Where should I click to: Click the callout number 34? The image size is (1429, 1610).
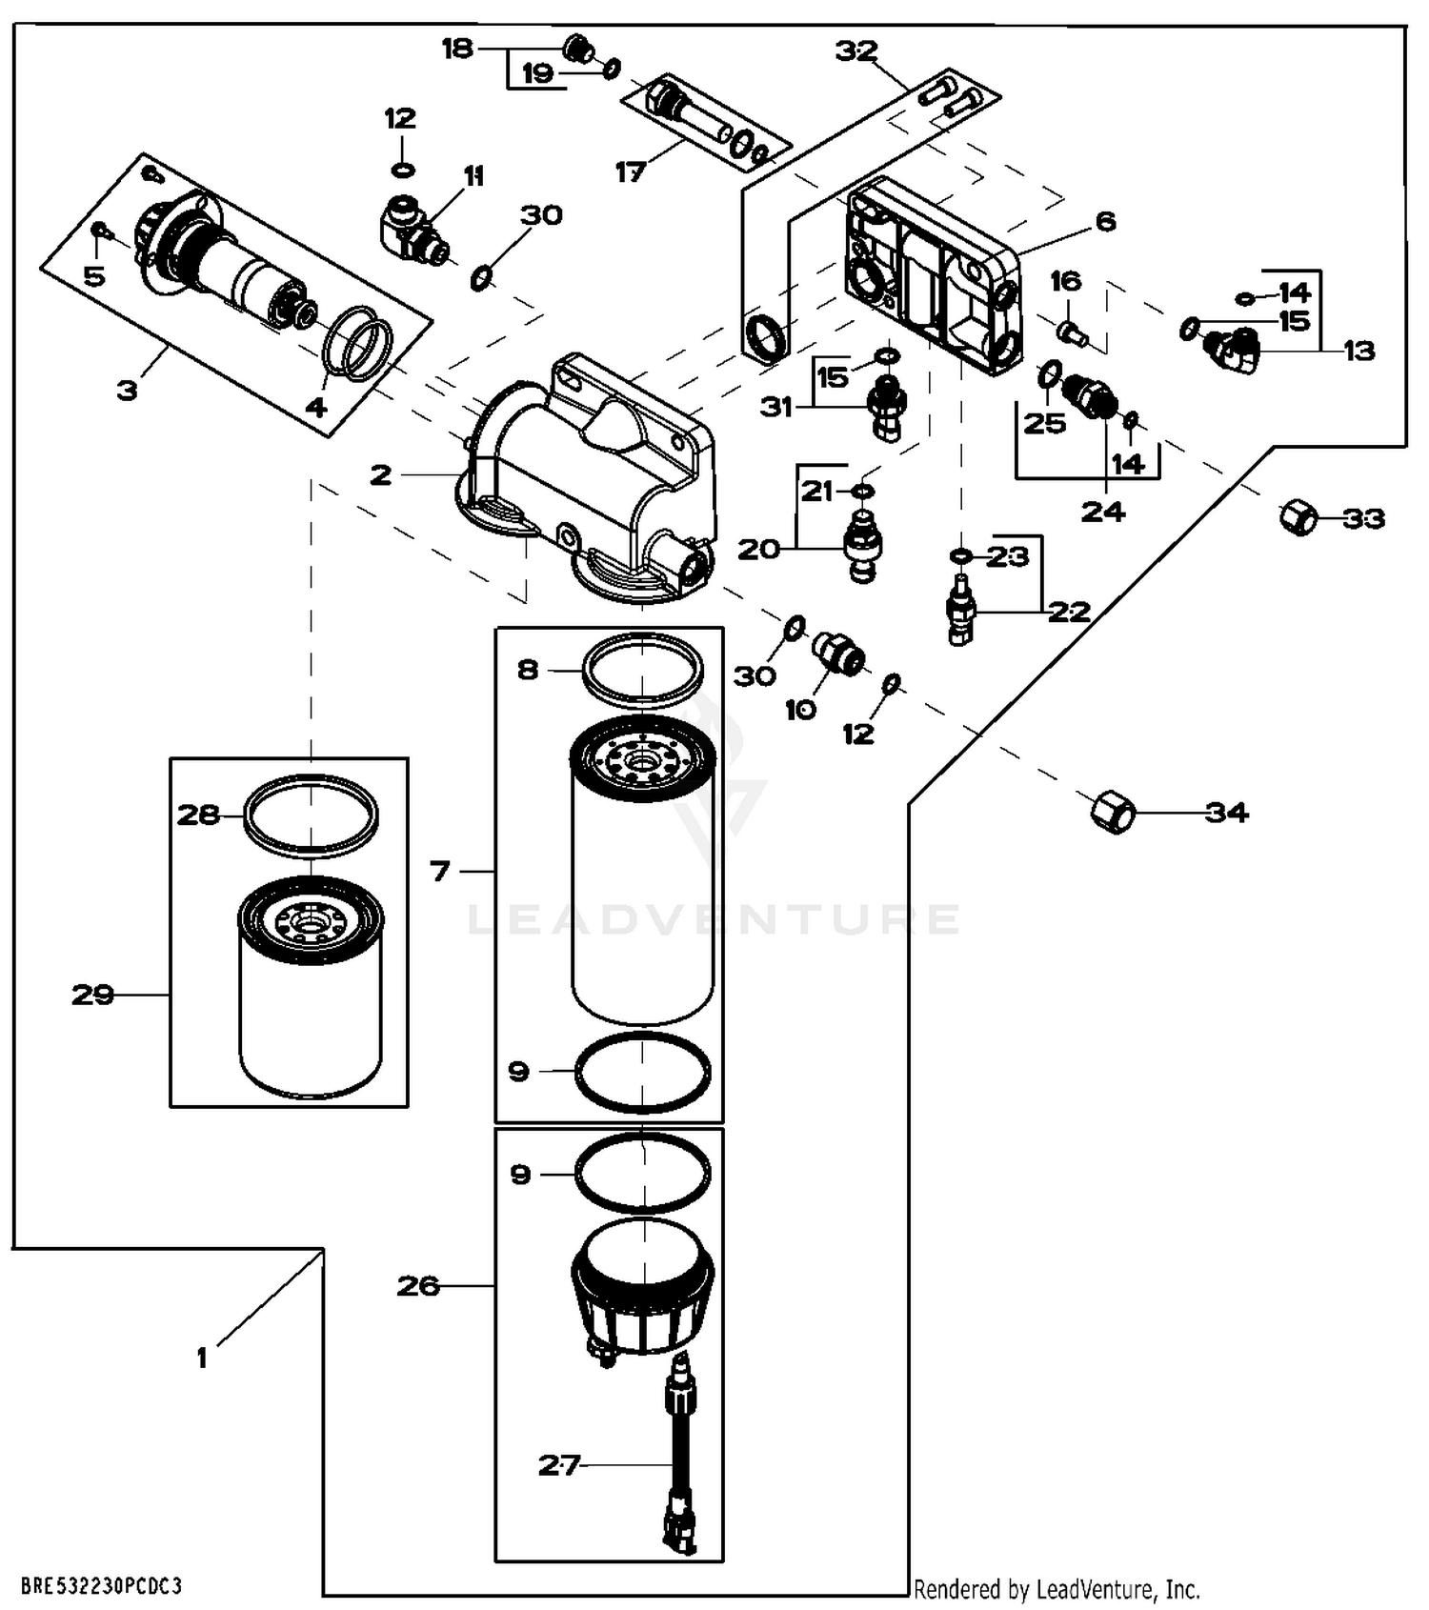[x=1226, y=812]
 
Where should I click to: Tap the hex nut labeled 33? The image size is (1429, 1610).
[x=1298, y=517]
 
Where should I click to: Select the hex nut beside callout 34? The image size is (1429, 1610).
[x=1111, y=812]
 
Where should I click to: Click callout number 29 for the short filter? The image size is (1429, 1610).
[x=93, y=995]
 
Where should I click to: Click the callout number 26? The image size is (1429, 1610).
[x=418, y=1286]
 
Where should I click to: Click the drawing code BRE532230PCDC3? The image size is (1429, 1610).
[x=101, y=1586]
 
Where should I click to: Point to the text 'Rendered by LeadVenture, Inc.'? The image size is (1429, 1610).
[x=1057, y=1589]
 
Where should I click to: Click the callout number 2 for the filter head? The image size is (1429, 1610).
[x=381, y=474]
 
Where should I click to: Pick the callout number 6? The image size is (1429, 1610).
[x=1105, y=222]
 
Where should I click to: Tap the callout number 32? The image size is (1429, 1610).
[x=856, y=50]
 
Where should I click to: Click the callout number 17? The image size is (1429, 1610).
[x=631, y=172]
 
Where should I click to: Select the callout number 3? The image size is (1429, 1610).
[x=127, y=390]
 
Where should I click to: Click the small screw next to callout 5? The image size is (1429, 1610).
[x=99, y=231]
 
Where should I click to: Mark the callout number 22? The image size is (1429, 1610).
[x=1069, y=611]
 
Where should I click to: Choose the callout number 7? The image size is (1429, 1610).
[x=439, y=871]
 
